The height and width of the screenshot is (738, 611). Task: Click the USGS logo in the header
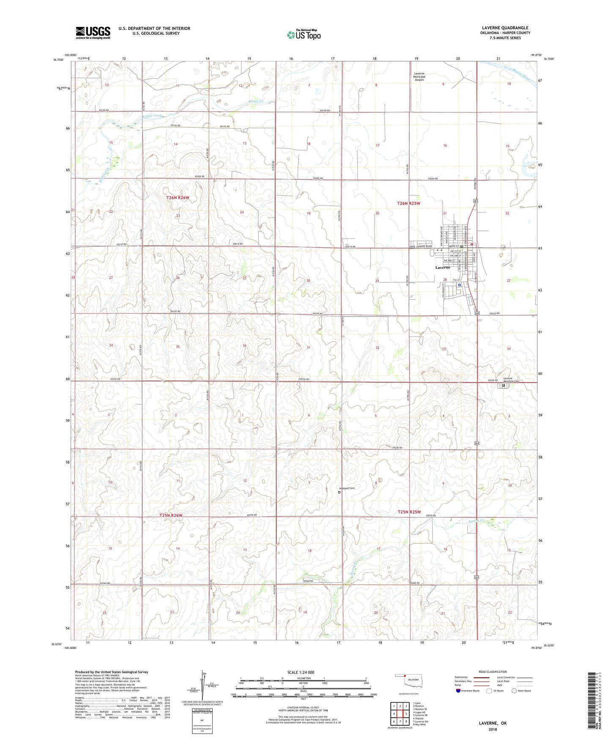coord(93,33)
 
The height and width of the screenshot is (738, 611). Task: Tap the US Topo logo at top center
coord(303,35)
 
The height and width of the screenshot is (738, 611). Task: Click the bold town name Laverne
coord(443,268)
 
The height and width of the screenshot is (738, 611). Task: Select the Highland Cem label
coord(347,488)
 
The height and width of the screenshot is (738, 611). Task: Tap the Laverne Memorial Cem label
coord(513,380)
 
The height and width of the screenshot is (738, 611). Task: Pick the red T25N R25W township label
coord(409,512)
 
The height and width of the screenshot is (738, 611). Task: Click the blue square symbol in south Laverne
coord(459,285)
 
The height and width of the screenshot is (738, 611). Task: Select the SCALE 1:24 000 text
coord(300,672)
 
